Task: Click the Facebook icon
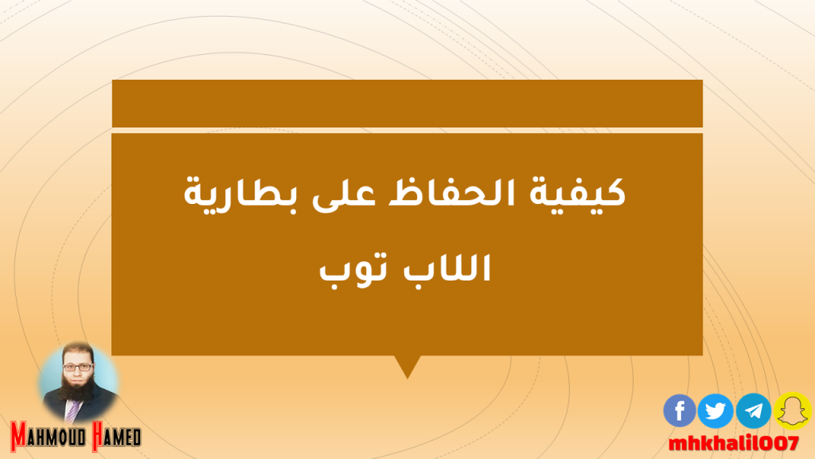[680, 410]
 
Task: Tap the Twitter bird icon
[716, 410]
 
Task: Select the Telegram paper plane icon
[754, 410]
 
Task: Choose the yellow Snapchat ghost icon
[792, 410]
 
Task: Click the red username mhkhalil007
[733, 444]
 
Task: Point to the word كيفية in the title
[577, 193]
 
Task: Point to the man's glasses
[78, 367]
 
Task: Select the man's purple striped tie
[72, 410]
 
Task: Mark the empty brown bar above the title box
[407, 103]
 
